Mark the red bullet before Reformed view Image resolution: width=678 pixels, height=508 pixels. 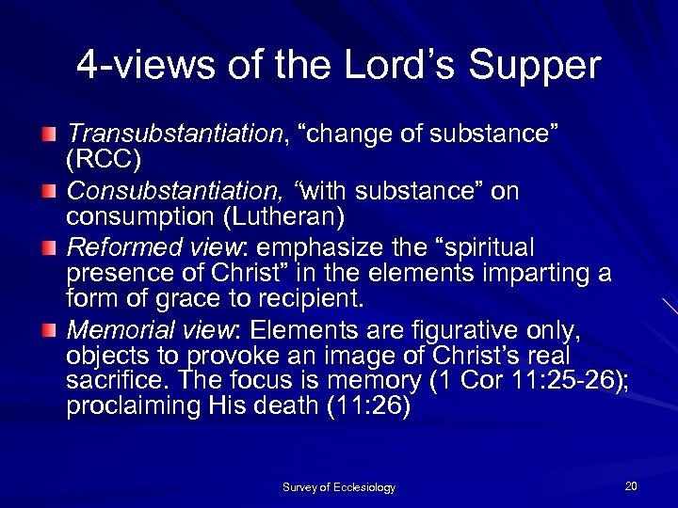[48, 249]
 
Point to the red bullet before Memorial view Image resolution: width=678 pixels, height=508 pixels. [48, 331]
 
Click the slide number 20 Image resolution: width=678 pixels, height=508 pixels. [630, 485]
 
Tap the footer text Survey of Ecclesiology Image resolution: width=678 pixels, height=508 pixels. [339, 487]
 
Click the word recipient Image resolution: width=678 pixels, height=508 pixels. [309, 300]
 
